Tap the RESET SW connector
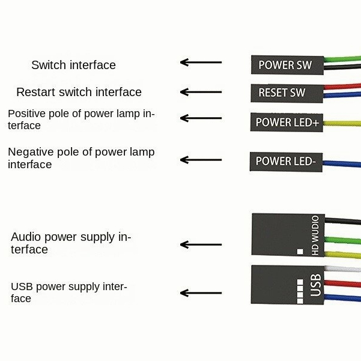point(282,93)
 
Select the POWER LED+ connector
point(287,123)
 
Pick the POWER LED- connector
point(286,161)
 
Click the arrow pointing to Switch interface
point(201,62)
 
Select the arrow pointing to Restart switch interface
point(201,92)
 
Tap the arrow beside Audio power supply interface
point(201,244)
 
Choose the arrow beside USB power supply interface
point(201,293)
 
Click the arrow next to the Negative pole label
point(201,160)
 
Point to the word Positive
point(26,114)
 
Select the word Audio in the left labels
point(26,237)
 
